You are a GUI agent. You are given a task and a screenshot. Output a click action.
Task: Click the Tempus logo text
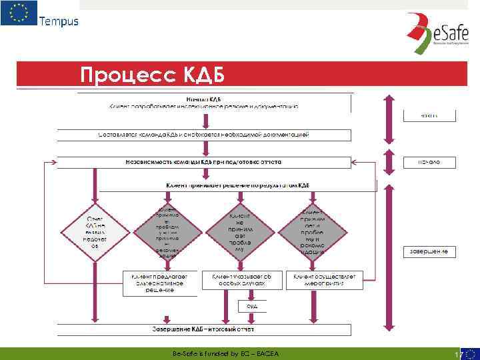point(59,21)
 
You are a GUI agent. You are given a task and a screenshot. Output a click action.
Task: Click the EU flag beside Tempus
point(18,14)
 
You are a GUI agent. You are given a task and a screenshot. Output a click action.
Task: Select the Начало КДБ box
point(203,102)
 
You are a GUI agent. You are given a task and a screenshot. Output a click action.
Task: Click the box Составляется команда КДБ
point(203,135)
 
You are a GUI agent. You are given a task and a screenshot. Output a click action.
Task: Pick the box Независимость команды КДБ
point(203,162)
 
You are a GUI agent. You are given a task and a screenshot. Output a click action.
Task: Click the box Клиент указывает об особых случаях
point(241,279)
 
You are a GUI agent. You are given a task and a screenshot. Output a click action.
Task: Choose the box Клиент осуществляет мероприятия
point(324,279)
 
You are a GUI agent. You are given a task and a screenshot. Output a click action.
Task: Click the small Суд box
point(252,306)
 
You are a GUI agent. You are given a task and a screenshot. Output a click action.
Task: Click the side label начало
point(429,162)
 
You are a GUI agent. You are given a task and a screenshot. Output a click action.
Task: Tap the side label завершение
point(429,251)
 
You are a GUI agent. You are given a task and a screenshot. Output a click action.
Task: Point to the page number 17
point(457,354)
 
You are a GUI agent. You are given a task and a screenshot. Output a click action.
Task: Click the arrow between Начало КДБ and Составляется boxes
point(203,119)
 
